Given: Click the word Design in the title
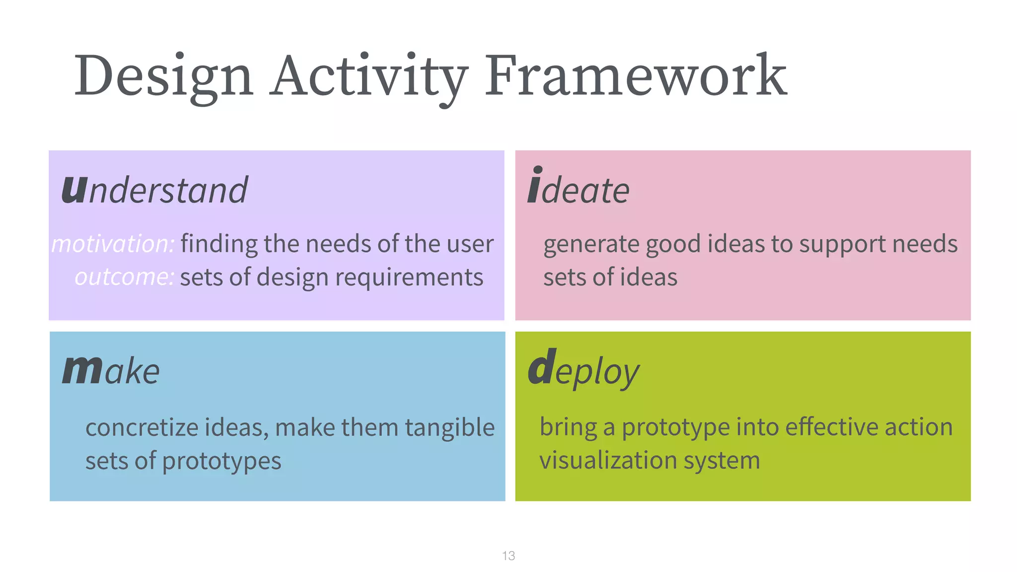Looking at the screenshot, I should pyautogui.click(x=164, y=77).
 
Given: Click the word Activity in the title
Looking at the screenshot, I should pyautogui.click(x=368, y=77).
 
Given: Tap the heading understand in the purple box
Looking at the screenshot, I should pyautogui.click(x=154, y=190).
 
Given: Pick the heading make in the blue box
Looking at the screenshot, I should pyautogui.click(x=111, y=370).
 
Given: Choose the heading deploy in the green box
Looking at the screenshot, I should pyautogui.click(x=583, y=370).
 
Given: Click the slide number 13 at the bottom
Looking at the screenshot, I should pyautogui.click(x=508, y=556).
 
